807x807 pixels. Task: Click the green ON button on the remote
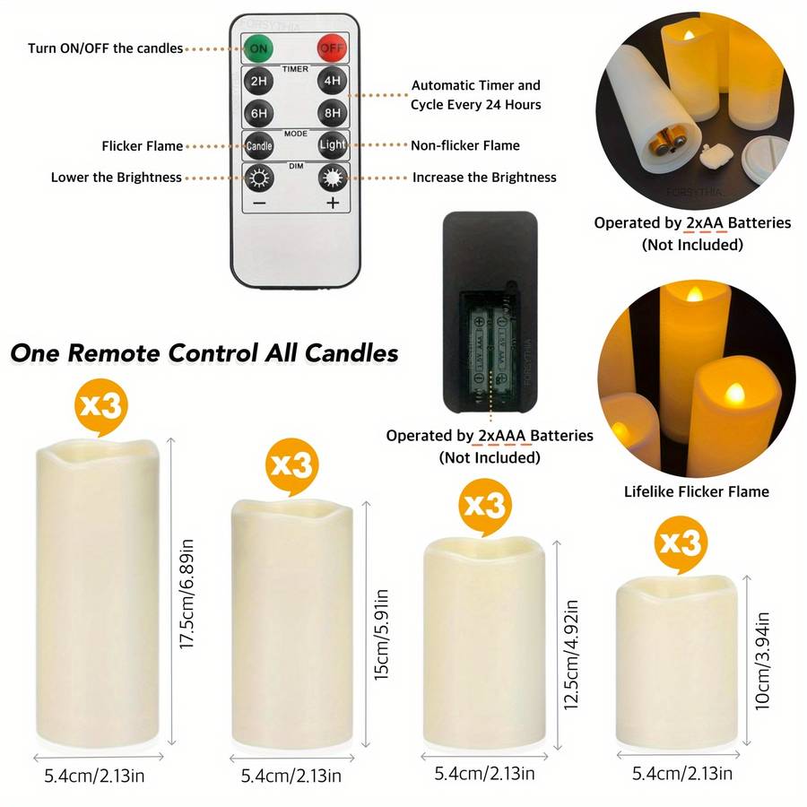[x=258, y=48]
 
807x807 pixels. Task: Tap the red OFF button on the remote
[x=332, y=48]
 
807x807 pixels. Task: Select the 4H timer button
[x=332, y=81]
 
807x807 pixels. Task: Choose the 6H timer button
[x=258, y=113]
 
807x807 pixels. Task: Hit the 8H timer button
[x=332, y=113]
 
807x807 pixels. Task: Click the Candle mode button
[x=258, y=145]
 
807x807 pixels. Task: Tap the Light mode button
[x=332, y=145]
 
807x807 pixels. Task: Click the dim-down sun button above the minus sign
[x=258, y=178]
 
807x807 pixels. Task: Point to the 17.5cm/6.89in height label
[x=187, y=594]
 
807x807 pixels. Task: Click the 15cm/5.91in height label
[x=381, y=635]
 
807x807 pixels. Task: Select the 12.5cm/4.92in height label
[x=571, y=655]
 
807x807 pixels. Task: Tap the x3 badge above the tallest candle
[x=100, y=406]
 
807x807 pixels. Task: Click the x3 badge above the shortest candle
[x=681, y=543]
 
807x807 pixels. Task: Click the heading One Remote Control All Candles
[x=204, y=353]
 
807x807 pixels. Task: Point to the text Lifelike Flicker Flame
[x=697, y=491]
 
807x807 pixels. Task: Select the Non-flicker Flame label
[x=465, y=145]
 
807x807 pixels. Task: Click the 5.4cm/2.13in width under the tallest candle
[x=94, y=776]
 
